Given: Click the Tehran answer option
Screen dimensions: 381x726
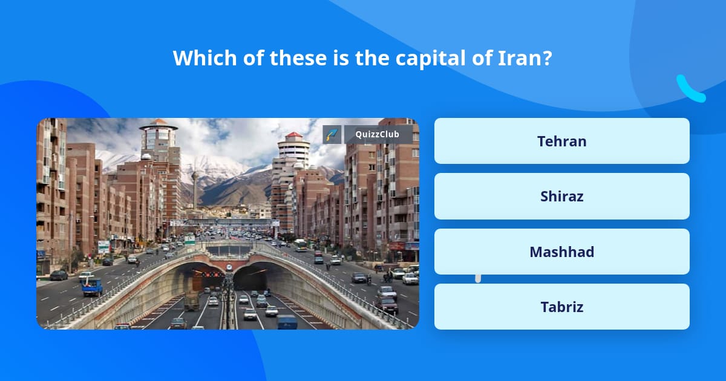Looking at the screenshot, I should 561,141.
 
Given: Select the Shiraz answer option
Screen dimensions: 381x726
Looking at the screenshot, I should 561,196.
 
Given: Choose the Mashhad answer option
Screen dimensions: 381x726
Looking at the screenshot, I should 561,252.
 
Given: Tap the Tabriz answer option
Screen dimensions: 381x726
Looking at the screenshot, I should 561,307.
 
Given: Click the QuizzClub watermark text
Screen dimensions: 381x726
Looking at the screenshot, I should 378,134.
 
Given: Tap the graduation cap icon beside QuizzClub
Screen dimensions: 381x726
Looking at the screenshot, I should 332,134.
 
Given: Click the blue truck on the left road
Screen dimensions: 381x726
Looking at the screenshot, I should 92,287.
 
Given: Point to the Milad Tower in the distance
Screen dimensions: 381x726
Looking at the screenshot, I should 195,187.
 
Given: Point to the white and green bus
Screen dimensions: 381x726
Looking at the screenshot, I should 301,245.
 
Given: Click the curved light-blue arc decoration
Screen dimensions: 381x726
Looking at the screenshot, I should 690,89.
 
